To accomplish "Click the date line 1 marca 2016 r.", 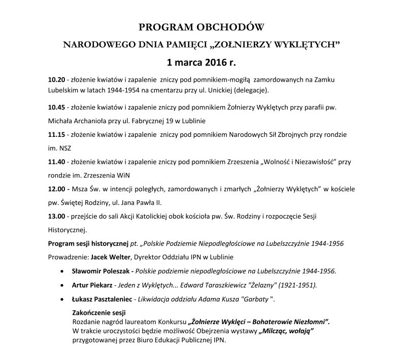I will click(201, 63).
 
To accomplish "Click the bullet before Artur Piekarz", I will click(62, 285).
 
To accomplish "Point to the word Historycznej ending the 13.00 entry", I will click(68, 229).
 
